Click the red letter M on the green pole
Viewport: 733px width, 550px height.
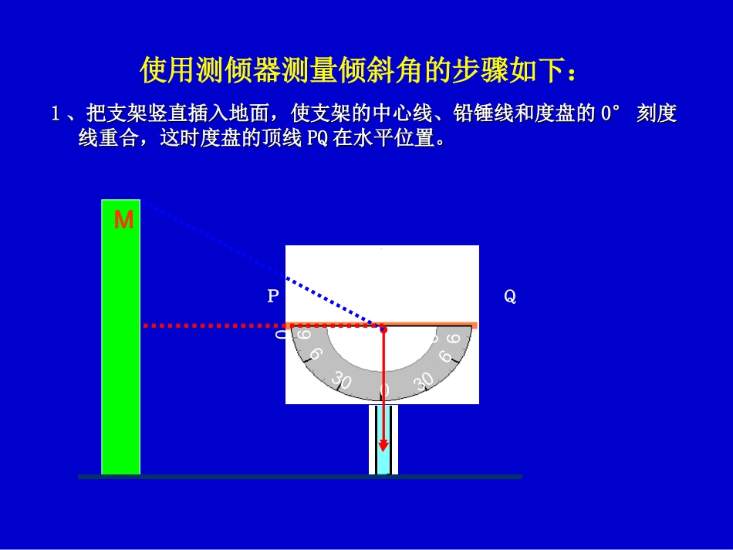point(123,221)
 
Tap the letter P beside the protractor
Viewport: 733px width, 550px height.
point(272,296)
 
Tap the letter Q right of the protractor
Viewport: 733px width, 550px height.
point(510,296)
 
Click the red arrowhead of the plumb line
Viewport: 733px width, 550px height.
point(383,446)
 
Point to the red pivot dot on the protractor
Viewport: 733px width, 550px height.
point(383,329)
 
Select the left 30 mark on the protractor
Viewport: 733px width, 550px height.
point(340,380)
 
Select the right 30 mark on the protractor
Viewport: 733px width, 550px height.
point(424,380)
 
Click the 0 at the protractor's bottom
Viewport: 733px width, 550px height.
point(385,390)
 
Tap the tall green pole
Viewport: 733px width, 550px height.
point(120,347)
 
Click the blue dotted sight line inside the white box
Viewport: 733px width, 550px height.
point(332,301)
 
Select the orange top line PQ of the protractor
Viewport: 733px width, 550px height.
point(432,326)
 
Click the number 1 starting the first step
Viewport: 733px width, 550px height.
point(56,115)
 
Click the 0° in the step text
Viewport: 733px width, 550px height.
point(610,115)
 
